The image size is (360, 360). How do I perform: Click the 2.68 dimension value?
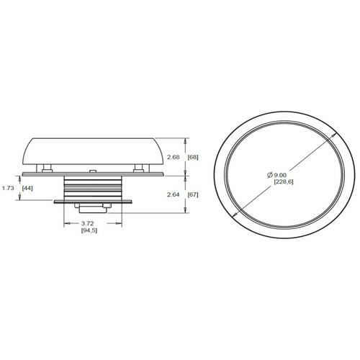[174, 158]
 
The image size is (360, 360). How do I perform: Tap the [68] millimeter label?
[193, 158]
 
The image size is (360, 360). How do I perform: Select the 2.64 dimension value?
[174, 194]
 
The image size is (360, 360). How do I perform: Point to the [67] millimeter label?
[193, 194]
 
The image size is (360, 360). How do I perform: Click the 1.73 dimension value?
[8, 188]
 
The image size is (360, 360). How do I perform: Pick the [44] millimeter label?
[27, 188]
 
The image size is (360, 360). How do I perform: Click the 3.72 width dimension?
[87, 224]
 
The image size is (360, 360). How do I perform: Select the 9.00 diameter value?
[280, 176]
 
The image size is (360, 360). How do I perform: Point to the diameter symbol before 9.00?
[270, 175]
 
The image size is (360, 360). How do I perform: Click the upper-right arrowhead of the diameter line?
[333, 136]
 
